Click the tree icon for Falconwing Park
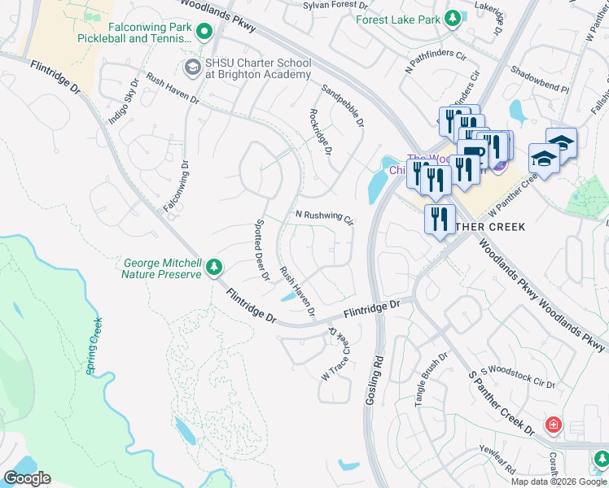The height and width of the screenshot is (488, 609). [204, 32]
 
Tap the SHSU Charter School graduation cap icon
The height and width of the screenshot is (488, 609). [193, 66]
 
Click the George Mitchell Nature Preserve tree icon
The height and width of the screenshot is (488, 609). [214, 268]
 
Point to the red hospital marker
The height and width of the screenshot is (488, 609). [554, 425]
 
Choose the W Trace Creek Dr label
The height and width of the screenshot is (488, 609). [336, 354]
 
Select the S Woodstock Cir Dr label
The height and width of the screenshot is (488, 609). [517, 377]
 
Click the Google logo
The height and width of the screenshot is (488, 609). [27, 478]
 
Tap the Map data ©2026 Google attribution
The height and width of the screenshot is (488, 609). [559, 481]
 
